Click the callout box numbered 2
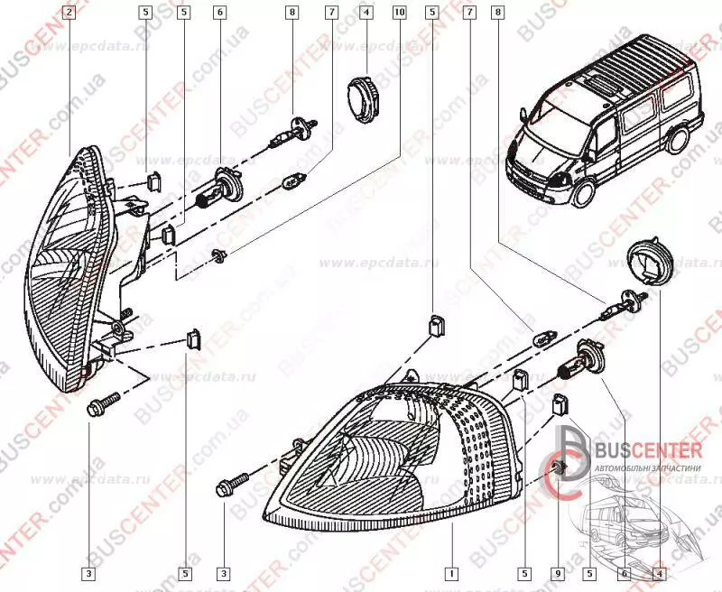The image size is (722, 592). pyautogui.click(x=70, y=13)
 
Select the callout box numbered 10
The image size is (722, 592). pyautogui.click(x=400, y=13)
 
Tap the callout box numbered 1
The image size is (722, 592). pyautogui.click(x=450, y=572)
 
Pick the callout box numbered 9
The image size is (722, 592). pyautogui.click(x=559, y=572)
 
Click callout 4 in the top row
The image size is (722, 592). pyautogui.click(x=366, y=13)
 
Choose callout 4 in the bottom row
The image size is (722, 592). pyautogui.click(x=659, y=572)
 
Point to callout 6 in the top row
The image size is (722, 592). pyautogui.click(x=219, y=13)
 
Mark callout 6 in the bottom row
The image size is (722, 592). pyautogui.click(x=623, y=572)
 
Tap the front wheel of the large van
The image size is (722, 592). pyautogui.click(x=585, y=195)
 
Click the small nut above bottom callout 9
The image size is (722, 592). pyautogui.click(x=560, y=468)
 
